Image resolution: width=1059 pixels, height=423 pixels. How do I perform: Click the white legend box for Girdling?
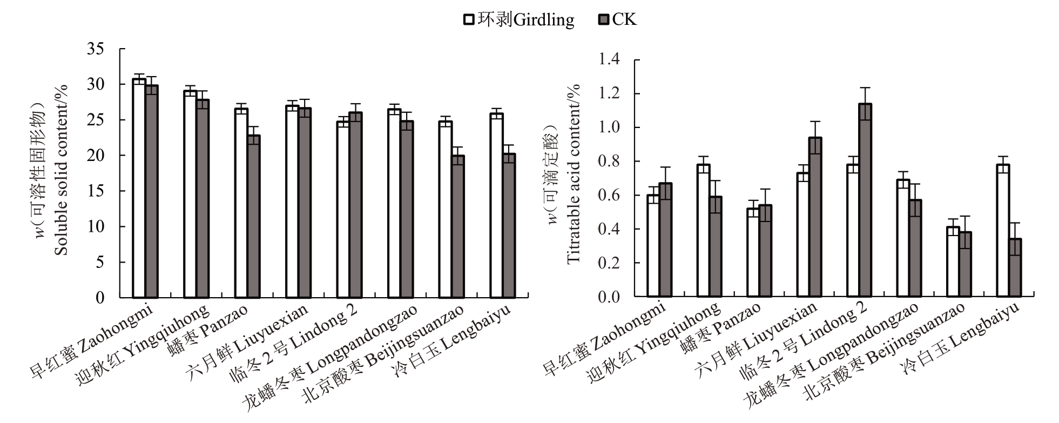click(469, 20)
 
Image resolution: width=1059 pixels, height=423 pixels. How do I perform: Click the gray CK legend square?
click(603, 20)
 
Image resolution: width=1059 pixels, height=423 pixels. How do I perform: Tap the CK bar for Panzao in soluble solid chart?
click(253, 216)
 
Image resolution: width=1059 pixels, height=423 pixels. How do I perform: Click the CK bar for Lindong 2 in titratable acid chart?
click(865, 200)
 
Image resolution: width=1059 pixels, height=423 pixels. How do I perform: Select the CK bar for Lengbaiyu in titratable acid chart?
click(1015, 267)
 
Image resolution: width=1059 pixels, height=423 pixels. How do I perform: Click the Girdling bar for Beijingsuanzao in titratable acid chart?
click(953, 261)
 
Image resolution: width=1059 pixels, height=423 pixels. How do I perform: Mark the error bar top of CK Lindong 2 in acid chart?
click(865, 88)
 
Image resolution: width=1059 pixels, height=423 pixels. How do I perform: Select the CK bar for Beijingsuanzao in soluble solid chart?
click(457, 226)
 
